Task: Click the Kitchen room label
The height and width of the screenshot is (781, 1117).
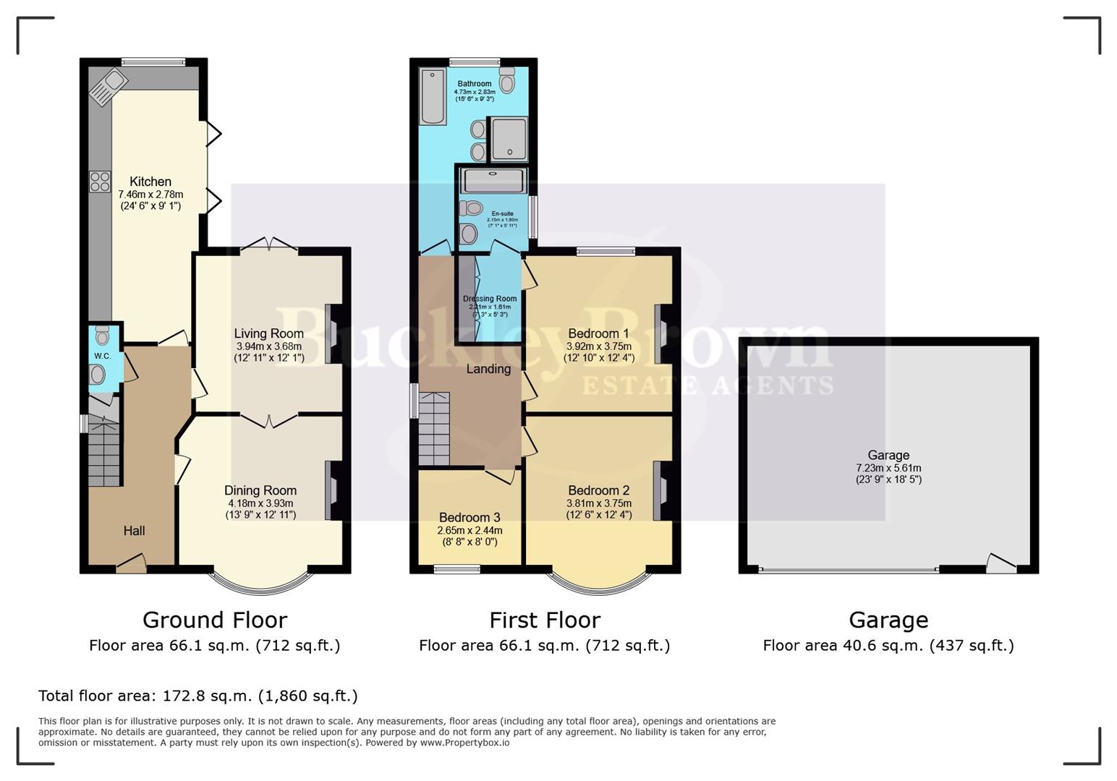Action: coord(150,182)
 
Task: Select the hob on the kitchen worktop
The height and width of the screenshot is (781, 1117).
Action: coord(100,182)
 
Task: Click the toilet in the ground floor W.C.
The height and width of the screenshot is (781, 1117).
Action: coord(102,335)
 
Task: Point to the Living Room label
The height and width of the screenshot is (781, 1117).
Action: coord(268,333)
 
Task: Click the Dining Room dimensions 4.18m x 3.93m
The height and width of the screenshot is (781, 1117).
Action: coord(260,503)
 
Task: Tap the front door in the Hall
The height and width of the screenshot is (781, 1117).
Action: coord(131,563)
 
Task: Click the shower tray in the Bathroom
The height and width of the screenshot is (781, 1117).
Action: coord(509,139)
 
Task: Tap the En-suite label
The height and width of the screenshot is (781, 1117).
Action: coord(502,214)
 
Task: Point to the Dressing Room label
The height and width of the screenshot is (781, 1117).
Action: coord(490,299)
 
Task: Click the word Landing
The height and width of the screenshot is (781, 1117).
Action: coord(488,369)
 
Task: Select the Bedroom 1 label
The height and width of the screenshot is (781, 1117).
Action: coord(598,333)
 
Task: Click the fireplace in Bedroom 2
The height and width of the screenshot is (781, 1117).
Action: coord(660,491)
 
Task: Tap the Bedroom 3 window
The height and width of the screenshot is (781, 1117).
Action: coord(457,569)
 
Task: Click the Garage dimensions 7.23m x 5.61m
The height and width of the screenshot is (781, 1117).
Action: coord(888,468)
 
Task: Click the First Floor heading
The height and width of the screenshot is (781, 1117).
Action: coord(545,620)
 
